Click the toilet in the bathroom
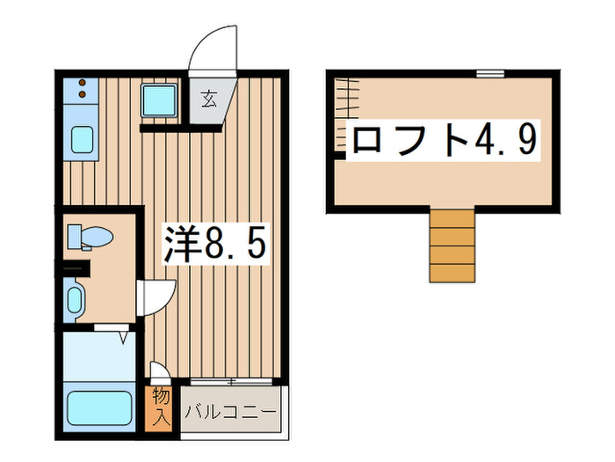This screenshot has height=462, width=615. click(90, 236)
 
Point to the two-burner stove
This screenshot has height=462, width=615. click(82, 89)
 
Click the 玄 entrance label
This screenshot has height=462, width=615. click(210, 99)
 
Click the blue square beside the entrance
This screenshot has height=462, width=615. click(160, 101)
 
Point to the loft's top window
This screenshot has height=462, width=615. click(490, 73)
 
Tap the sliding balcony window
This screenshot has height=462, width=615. click(231, 381)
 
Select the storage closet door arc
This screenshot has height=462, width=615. click(156, 370)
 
